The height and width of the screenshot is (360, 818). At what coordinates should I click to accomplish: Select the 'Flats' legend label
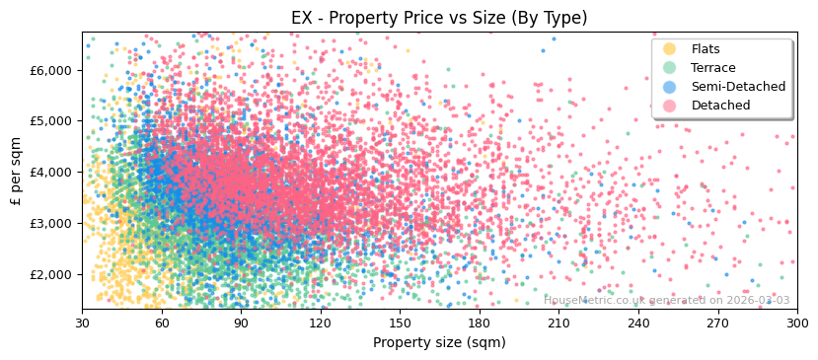coord(706,49)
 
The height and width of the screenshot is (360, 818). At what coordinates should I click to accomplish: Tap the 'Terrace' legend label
coord(712,68)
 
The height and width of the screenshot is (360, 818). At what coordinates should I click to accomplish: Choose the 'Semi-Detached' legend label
coord(738,87)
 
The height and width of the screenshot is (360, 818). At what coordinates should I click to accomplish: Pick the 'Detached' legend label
coord(719,106)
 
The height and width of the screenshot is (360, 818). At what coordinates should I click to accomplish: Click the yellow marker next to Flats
coord(670,49)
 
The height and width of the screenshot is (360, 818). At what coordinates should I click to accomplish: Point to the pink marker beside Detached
coord(670,106)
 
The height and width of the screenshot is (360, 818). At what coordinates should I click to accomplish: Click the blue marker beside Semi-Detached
coord(670,87)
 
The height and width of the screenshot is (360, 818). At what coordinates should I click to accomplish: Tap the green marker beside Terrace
coord(670,68)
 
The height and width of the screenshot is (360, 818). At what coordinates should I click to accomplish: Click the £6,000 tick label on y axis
coord(52,70)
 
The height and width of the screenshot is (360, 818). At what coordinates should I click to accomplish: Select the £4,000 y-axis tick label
coord(52,172)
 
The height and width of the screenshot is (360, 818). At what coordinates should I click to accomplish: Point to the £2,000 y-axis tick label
coord(52,274)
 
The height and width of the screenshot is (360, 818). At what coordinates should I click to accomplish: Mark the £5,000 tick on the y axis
coord(52,121)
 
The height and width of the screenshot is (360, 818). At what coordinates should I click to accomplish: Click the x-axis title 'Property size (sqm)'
coord(439,343)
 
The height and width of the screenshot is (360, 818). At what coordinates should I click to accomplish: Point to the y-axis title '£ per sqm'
coord(16,172)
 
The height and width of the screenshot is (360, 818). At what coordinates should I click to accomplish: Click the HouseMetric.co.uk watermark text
coord(667,300)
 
